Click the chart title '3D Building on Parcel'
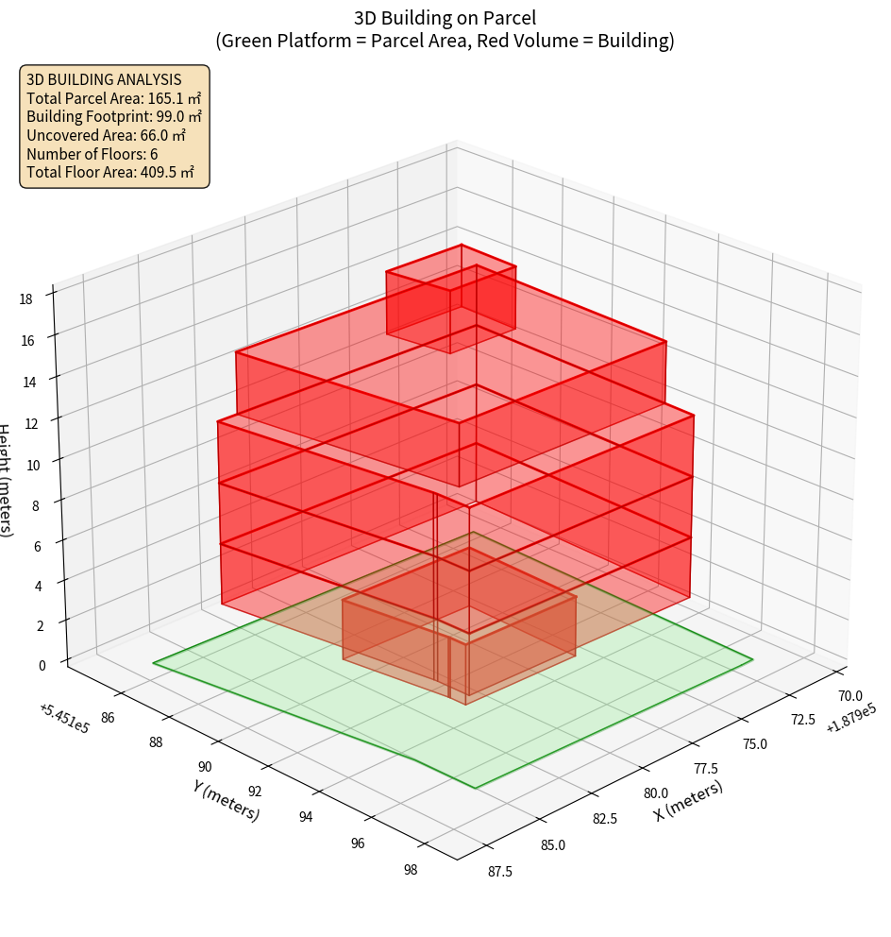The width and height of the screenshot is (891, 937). [x=445, y=17]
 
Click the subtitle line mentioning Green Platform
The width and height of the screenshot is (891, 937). [x=445, y=41]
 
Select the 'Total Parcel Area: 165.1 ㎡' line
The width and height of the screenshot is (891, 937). [x=113, y=97]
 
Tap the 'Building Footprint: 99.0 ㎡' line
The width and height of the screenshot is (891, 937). [x=114, y=116]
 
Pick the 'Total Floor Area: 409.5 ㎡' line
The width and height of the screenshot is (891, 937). [x=110, y=172]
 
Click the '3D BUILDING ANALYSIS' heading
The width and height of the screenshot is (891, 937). [x=104, y=79]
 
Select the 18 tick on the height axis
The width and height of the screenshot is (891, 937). [x=25, y=299]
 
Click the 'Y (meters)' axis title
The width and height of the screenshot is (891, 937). [x=227, y=799]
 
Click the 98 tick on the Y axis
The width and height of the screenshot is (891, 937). [x=410, y=870]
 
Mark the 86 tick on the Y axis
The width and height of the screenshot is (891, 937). [x=107, y=718]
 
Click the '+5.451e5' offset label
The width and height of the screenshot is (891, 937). [x=64, y=719]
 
